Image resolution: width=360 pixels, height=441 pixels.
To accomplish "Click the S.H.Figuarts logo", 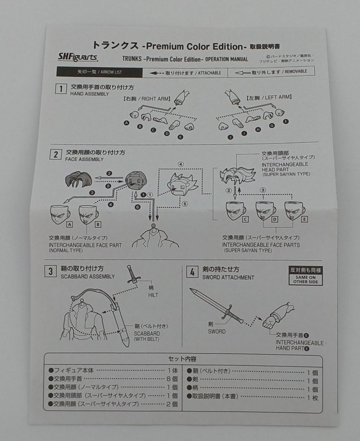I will click(78, 57).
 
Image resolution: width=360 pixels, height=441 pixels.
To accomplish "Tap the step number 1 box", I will click(61, 89).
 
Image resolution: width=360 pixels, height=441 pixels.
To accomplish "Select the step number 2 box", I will click(56, 154).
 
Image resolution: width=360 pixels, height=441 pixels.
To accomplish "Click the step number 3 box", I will click(50, 271).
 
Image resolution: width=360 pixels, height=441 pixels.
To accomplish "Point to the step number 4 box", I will click(192, 272).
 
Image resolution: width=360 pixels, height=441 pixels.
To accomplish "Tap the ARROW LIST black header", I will click(99, 72).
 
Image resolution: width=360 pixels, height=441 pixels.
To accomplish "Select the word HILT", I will click(153, 295).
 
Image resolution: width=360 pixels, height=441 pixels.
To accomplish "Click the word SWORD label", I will click(216, 331).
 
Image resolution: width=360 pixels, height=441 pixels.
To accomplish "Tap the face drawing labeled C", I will click(235, 211).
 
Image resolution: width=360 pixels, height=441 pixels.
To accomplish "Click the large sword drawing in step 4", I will click(216, 306).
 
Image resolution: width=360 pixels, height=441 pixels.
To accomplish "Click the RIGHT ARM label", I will click(147, 99).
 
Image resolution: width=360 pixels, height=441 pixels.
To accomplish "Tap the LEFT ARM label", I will click(269, 98).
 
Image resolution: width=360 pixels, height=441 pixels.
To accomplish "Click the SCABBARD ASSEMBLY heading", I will click(87, 276).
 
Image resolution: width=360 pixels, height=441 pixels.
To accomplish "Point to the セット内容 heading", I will click(182, 359).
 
